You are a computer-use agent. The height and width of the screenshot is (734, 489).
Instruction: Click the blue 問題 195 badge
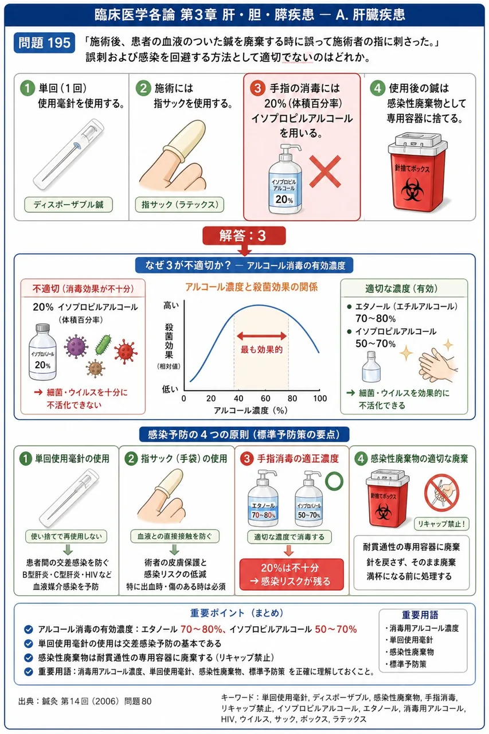44,42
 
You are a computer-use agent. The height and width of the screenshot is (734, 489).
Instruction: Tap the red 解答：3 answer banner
244,236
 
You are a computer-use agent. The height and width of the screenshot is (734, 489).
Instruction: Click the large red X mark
325,171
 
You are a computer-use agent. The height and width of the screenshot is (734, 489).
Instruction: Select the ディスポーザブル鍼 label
68,205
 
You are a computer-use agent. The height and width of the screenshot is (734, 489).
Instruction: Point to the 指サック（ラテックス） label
180,205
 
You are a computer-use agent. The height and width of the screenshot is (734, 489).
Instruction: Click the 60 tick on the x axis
265,398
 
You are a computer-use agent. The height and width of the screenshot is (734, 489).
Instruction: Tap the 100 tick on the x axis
320,398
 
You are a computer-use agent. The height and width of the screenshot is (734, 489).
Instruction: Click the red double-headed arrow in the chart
261,336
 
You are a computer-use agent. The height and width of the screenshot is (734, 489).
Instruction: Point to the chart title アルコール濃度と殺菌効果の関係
251,287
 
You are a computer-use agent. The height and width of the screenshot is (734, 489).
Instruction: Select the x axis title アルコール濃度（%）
251,410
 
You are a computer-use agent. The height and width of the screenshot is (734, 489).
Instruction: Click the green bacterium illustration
104,345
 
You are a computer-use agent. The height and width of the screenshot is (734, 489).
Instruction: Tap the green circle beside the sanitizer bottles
334,481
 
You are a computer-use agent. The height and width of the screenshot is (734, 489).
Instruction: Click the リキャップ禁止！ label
441,524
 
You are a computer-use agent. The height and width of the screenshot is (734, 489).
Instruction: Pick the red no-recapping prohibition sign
441,493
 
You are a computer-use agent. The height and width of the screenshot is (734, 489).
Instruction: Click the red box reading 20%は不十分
291,574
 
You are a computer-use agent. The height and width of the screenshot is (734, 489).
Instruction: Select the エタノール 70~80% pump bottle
263,498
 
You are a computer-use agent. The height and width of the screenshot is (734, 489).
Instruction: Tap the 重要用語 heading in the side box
420,615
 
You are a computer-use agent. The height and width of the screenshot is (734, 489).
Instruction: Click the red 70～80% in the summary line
201,629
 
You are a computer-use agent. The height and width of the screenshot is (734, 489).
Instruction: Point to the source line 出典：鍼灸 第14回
85,701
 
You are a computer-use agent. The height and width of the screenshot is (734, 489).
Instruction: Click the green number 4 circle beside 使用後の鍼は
377,88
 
